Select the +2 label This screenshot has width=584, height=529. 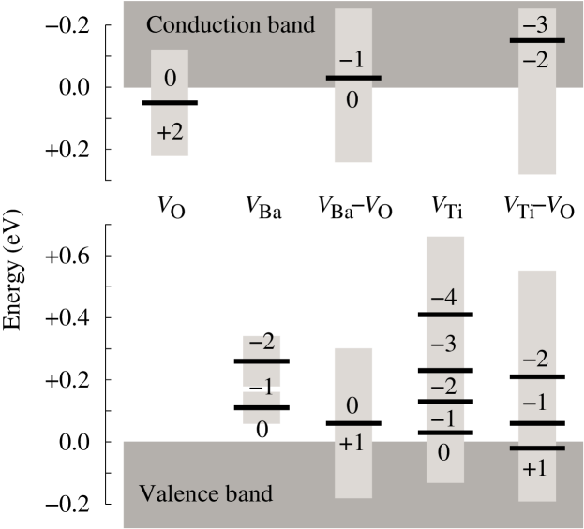pyautogui.click(x=170, y=131)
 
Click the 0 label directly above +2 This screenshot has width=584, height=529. pyautogui.click(x=170, y=80)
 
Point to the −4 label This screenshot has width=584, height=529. pyautogui.click(x=443, y=299)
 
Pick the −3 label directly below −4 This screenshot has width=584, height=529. pyautogui.click(x=443, y=344)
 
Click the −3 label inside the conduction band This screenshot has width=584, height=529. pyautogui.click(x=535, y=26)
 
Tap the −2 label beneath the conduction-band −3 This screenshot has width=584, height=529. pyautogui.click(x=535, y=60)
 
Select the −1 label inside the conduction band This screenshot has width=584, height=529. pyautogui.click(x=352, y=60)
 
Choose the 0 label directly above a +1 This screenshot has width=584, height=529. pyautogui.click(x=352, y=406)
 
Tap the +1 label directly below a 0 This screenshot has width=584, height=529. pyautogui.click(x=352, y=443)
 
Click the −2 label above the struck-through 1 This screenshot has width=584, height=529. pyautogui.click(x=262, y=343)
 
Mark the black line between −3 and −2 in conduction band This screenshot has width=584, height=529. pyautogui.click(x=537, y=41)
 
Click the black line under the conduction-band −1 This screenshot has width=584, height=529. pyautogui.click(x=353, y=78)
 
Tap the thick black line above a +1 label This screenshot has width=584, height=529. pyautogui.click(x=537, y=448)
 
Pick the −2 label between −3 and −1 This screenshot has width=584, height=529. pyautogui.click(x=443, y=386)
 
